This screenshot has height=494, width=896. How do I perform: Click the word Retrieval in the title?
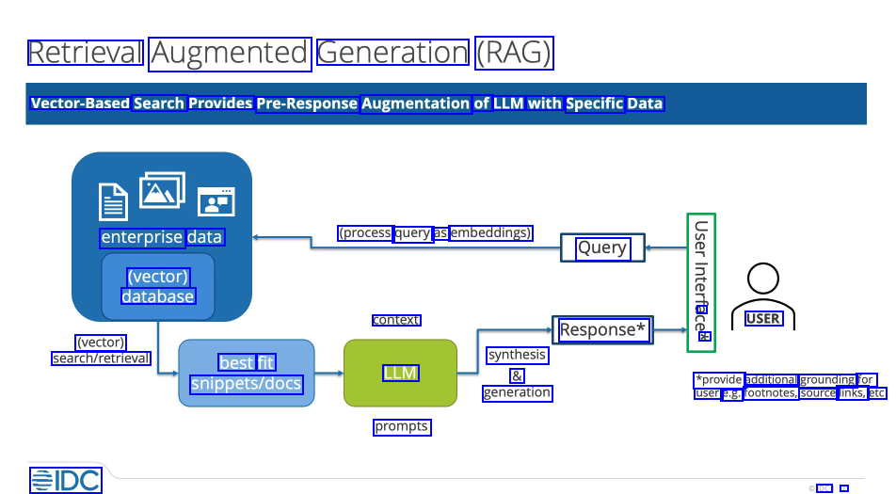click(x=86, y=53)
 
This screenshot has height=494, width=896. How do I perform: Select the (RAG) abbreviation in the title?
click(x=514, y=53)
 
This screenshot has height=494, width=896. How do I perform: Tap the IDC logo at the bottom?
click(x=65, y=480)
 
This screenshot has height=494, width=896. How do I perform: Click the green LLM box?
click(x=400, y=373)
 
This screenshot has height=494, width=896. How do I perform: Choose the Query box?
click(x=602, y=247)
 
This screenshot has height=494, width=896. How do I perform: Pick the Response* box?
click(x=602, y=329)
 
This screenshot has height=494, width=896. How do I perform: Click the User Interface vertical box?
click(x=701, y=282)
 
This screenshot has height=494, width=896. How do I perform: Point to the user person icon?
click(x=762, y=287)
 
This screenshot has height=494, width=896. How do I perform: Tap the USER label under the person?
click(x=762, y=318)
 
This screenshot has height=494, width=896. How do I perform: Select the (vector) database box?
click(x=158, y=286)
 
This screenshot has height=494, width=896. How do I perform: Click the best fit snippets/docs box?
click(x=247, y=373)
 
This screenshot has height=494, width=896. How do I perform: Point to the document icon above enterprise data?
click(x=114, y=200)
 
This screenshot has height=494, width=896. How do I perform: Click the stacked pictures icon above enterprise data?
click(x=162, y=190)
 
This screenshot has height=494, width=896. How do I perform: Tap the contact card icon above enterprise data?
click(x=216, y=201)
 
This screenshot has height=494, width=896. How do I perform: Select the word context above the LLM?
click(x=396, y=320)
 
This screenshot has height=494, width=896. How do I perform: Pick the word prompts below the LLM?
click(x=402, y=426)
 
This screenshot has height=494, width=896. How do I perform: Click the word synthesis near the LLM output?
click(x=517, y=355)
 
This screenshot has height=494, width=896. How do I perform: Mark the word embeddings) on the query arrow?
click(x=491, y=232)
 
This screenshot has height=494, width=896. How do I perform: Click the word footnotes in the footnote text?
click(x=772, y=393)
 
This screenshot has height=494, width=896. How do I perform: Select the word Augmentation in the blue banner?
click(x=415, y=104)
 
